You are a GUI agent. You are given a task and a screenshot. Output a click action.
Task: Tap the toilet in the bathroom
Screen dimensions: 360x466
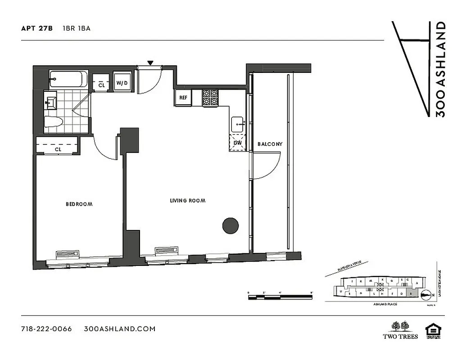click(x=54, y=121)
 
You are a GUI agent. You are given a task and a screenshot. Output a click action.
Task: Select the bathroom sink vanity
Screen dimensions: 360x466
click(x=50, y=101)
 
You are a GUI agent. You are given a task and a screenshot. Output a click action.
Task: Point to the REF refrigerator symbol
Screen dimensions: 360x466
click(x=183, y=98)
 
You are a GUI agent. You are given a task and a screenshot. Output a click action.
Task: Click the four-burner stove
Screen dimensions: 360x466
click(x=210, y=98)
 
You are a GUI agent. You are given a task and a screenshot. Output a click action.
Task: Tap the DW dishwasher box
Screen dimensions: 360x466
click(x=238, y=143)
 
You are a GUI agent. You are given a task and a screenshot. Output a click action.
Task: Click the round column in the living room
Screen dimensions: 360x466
click(x=231, y=225)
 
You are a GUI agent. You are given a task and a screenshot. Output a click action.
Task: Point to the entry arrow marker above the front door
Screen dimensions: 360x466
click(x=150, y=63)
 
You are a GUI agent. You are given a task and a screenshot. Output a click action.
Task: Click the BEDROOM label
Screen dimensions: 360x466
click(x=79, y=204)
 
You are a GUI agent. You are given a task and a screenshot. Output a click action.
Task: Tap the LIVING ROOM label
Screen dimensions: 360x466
click(x=188, y=201)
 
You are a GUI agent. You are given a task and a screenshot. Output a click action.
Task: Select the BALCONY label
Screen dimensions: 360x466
click(x=270, y=144)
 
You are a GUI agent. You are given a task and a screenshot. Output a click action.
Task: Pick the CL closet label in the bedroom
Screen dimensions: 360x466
click(x=58, y=149)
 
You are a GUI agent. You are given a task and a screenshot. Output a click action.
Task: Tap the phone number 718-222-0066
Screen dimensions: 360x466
click(x=46, y=328)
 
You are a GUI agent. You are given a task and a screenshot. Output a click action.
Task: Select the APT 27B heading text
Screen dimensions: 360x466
click(x=37, y=28)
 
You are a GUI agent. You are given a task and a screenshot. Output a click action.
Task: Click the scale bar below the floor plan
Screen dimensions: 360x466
click(x=280, y=296)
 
